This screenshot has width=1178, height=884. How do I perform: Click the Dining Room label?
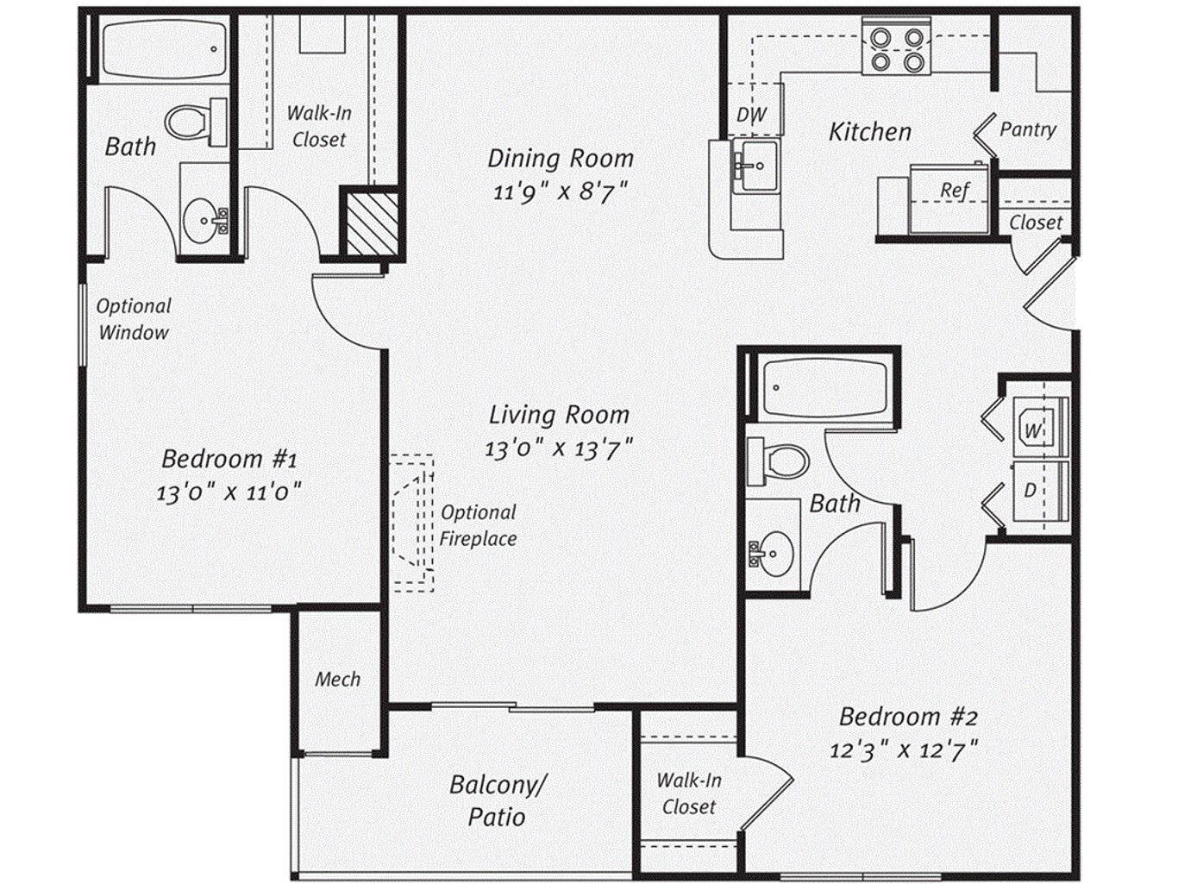[x=561, y=159]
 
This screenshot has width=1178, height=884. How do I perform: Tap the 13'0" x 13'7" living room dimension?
[x=559, y=448]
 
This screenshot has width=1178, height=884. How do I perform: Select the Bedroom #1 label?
[x=229, y=459]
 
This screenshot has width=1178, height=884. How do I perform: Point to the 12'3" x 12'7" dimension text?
[x=904, y=749]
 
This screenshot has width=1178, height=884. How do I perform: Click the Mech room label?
[x=337, y=679]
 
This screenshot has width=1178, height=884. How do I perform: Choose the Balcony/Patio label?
[x=497, y=801]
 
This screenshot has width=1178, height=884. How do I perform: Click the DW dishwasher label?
[x=751, y=115]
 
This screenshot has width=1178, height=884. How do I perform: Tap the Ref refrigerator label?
[x=955, y=190]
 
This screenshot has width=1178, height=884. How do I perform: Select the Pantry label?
[x=1028, y=129]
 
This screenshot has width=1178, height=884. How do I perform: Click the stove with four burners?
[x=896, y=46]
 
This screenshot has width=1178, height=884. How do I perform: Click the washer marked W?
[x=1039, y=429]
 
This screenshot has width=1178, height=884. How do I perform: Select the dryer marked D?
[x=1039, y=491]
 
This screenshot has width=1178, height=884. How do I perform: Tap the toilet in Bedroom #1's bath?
[x=196, y=122]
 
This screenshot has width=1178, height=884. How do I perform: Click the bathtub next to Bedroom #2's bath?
[x=826, y=387]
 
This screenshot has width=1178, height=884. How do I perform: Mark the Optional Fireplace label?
[x=478, y=525]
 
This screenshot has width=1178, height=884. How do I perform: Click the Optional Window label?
[x=134, y=319]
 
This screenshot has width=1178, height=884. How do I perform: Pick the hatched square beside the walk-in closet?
[x=373, y=223]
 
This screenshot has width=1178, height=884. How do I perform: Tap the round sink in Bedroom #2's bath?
[x=772, y=553]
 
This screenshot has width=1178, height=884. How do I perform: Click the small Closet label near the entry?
[x=1035, y=223]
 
